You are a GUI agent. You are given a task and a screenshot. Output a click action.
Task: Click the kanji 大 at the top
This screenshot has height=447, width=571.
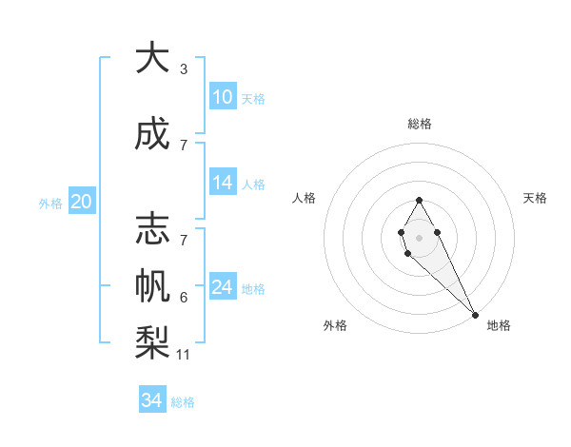pyautogui.click(x=152, y=60)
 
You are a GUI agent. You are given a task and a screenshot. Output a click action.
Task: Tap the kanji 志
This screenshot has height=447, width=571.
pyautogui.click(x=152, y=229)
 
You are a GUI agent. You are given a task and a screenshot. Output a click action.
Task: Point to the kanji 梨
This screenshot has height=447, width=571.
pyautogui.click(x=152, y=340)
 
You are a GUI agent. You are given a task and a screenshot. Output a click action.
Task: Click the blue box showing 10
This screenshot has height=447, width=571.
pyautogui.click(x=223, y=97)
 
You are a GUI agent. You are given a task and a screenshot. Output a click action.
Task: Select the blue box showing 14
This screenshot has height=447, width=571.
pyautogui.click(x=223, y=184)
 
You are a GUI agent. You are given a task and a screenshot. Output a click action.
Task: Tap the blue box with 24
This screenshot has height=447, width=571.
pyautogui.click(x=223, y=287)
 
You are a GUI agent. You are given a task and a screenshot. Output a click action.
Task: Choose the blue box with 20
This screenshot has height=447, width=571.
pyautogui.click(x=82, y=201)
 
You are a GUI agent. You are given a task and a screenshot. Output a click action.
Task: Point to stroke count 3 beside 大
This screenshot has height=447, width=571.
pyautogui.click(x=184, y=69)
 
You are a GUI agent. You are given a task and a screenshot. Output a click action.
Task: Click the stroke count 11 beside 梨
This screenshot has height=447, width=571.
pyautogui.click(x=184, y=355)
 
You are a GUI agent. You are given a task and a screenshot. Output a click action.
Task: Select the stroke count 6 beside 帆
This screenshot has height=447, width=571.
pyautogui.click(x=184, y=298)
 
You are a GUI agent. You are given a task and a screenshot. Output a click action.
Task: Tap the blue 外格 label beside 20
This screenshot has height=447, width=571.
pyautogui.click(x=50, y=203)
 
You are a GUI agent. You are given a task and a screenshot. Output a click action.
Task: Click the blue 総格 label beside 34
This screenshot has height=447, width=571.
pyautogui.click(x=183, y=402)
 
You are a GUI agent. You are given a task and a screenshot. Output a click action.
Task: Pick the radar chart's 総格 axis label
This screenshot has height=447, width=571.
pyautogui.click(x=419, y=125)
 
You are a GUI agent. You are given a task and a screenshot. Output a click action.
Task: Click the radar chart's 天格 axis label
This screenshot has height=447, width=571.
pyautogui.click(x=535, y=198)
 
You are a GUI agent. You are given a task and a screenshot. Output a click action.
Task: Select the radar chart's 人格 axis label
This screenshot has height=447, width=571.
pyautogui.click(x=305, y=198)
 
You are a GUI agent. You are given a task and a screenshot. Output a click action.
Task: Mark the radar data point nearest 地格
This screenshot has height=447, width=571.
pyautogui.click(x=475, y=314)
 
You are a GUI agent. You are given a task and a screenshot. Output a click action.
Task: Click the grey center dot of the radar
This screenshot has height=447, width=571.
pyautogui.click(x=419, y=237)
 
